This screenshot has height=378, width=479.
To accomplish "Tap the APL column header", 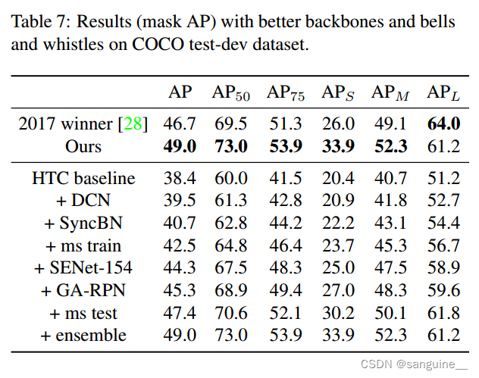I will point(444,93).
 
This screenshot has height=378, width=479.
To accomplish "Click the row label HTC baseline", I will point(83,179).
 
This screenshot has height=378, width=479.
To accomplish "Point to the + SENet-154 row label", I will point(83,268).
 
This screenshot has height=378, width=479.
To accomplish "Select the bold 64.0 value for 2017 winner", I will point(443,124).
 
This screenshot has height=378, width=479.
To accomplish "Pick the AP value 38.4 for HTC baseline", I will point(180,179).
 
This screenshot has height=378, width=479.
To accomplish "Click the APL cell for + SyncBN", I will point(443,223).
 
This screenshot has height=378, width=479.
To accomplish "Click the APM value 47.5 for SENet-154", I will point(390,268).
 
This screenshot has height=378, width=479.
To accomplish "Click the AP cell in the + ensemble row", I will point(180,335).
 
